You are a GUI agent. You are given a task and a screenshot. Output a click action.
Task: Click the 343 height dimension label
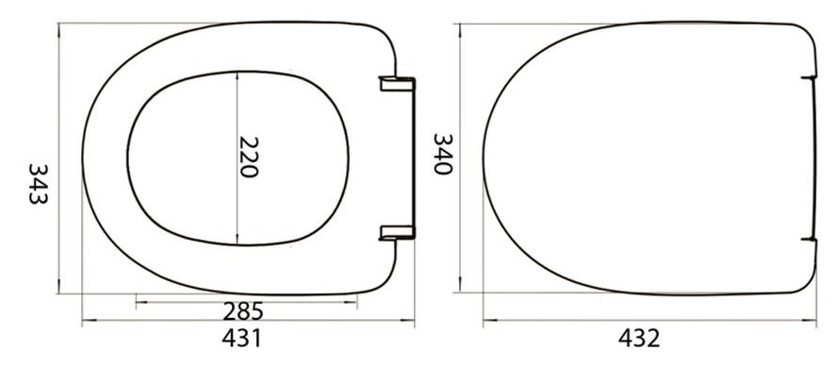click(x=39, y=184)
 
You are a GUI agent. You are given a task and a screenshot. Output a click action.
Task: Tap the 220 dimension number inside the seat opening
click(x=249, y=157)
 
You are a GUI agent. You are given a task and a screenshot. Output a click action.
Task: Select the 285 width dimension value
click(x=243, y=311)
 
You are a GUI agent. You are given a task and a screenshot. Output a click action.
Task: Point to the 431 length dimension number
click(x=242, y=338)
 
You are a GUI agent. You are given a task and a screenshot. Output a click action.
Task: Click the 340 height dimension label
click(x=443, y=154)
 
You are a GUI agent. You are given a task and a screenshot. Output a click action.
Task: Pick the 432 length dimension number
click(x=639, y=338)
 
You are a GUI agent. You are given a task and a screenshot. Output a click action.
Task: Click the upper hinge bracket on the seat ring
click(x=397, y=83)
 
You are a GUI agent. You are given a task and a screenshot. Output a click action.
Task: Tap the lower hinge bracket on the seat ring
click(x=397, y=232)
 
